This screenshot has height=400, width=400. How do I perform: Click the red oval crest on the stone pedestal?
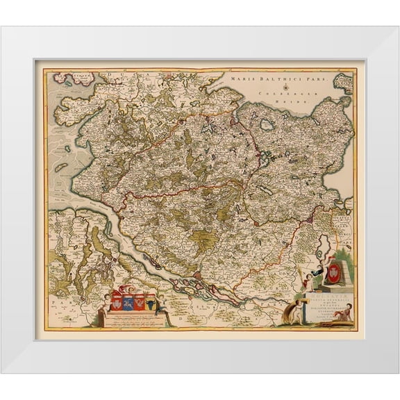pos(334,269)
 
